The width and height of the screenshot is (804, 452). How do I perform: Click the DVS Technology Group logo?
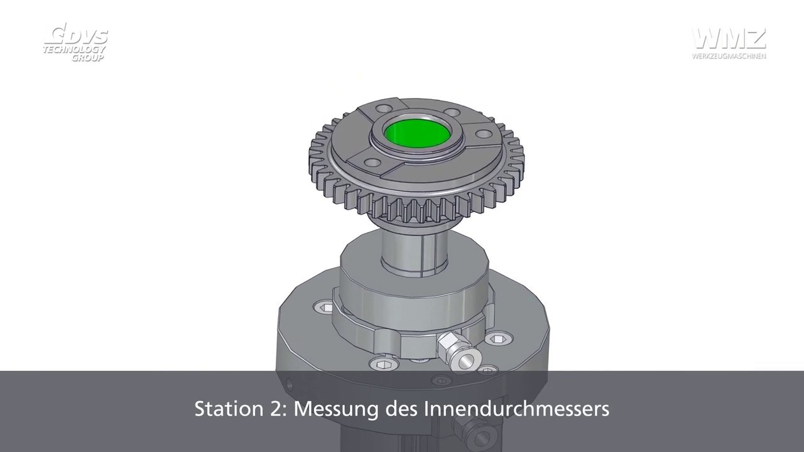[x=75, y=43]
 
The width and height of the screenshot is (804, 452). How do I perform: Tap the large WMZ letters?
[x=729, y=38]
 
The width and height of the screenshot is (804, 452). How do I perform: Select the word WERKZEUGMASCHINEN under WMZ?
[x=729, y=56]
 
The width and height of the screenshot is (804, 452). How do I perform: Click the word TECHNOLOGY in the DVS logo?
[x=74, y=50]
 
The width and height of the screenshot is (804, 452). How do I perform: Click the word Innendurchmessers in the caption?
[x=517, y=409]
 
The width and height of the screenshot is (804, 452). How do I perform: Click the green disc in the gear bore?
[x=416, y=132]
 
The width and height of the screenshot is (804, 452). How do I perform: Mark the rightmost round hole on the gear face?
[x=484, y=134]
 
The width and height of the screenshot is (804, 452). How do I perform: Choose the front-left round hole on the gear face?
[x=372, y=163]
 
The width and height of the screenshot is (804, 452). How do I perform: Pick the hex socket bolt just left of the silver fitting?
[x=383, y=363]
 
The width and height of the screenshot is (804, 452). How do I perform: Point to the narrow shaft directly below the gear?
[x=415, y=251]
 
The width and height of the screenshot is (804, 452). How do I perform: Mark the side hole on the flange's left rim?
[x=290, y=381]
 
